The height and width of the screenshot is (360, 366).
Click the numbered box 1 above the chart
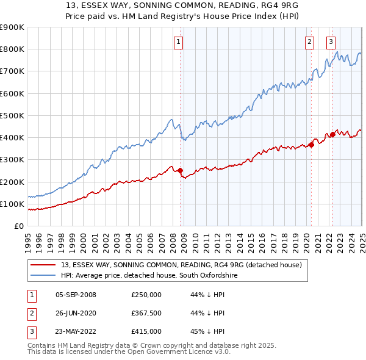click(178, 42)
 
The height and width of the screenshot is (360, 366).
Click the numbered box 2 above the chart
click(310, 42)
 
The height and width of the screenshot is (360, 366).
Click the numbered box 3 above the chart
click(331, 42)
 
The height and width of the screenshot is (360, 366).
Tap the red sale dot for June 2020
click(311, 145)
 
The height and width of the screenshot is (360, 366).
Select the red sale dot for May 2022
click(332, 134)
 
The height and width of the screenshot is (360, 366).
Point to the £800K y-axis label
click(12, 49)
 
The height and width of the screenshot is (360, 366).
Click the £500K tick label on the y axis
click(12, 115)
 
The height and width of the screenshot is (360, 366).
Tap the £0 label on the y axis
click(18, 226)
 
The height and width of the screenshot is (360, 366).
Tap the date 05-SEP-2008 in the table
click(76, 295)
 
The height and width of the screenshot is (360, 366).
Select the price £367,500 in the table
click(146, 313)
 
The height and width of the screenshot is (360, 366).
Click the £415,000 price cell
click(146, 331)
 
